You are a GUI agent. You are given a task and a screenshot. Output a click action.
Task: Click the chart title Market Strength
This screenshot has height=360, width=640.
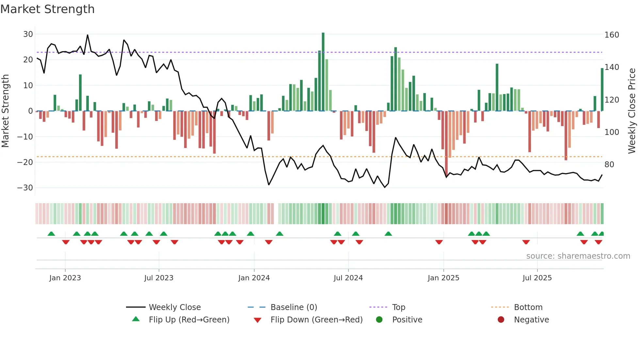point(47,9)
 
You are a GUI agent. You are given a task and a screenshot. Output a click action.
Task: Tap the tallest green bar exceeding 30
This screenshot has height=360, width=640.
point(323,72)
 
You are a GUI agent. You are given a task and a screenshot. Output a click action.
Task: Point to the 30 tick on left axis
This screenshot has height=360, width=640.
point(28,34)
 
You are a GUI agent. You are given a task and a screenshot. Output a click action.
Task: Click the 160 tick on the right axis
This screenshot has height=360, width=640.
point(612,35)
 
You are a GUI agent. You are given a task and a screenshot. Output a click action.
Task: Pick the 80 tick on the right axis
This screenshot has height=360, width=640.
point(609,165)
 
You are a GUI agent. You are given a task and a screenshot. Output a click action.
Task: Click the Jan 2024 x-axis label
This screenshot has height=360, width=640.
point(254,278)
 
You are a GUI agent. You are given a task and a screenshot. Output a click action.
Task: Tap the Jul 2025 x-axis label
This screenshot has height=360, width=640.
point(537,278)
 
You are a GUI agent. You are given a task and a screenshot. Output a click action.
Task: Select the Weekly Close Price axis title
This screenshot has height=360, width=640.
point(632,111)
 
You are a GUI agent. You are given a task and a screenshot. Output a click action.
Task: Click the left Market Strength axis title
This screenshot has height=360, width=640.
point(6,111)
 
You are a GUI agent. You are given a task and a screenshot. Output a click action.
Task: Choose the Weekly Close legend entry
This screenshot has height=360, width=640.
point(175,307)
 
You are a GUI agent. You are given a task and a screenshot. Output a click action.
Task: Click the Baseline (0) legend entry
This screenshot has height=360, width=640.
point(294,307)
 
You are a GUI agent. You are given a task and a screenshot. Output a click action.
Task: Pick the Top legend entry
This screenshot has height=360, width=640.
point(398,307)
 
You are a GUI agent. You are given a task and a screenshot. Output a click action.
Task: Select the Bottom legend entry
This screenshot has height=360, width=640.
point(528,307)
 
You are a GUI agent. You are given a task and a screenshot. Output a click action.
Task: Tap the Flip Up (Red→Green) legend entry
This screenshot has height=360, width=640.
point(189,320)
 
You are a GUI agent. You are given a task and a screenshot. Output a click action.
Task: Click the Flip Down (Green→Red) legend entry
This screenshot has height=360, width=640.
point(316,320)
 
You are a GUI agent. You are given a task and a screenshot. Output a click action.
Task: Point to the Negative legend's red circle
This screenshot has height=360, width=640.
point(501,320)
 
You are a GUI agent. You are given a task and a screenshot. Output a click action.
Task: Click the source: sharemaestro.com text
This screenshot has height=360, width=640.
point(578,256)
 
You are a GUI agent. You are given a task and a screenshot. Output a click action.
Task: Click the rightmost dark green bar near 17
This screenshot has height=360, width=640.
point(602,90)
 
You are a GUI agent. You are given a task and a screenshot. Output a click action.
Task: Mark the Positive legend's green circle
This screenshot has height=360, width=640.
point(379,320)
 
